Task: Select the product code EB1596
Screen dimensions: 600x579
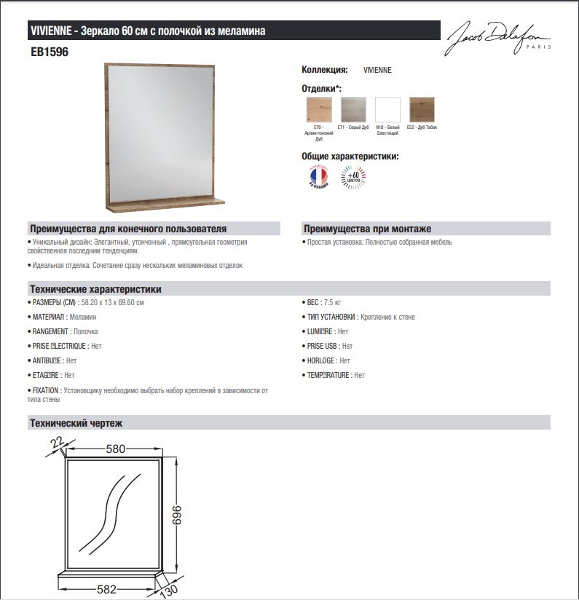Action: (49, 52)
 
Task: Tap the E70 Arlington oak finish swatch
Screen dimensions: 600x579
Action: (319, 109)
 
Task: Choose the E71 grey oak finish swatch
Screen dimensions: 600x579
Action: (353, 109)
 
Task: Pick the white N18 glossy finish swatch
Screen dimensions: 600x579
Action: (387, 109)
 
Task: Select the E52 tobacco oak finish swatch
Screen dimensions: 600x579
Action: (422, 109)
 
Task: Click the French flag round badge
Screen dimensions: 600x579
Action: (318, 177)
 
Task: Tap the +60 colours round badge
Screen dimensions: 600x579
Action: (354, 177)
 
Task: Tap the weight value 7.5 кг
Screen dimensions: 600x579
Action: (333, 302)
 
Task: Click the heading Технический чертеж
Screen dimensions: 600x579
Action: (76, 423)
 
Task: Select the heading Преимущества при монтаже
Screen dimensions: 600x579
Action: (367, 229)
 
